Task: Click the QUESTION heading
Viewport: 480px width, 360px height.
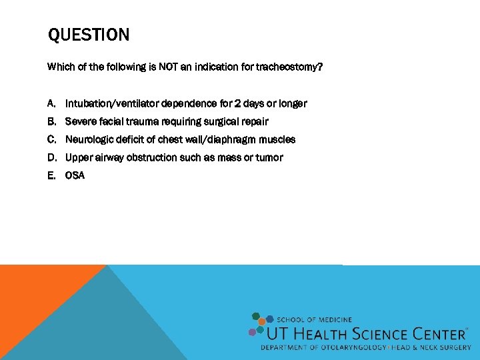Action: [x=89, y=35]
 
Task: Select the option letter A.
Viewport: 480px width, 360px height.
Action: [x=51, y=104]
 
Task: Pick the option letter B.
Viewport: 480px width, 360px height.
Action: [x=51, y=122]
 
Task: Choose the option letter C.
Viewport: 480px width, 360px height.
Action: [x=51, y=140]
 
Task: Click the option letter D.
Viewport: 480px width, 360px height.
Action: [x=51, y=158]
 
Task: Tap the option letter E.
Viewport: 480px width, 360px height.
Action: [x=51, y=176]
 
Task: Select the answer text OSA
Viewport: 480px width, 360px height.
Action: [x=75, y=176]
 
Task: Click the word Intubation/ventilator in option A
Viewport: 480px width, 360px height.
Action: [x=111, y=104]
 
